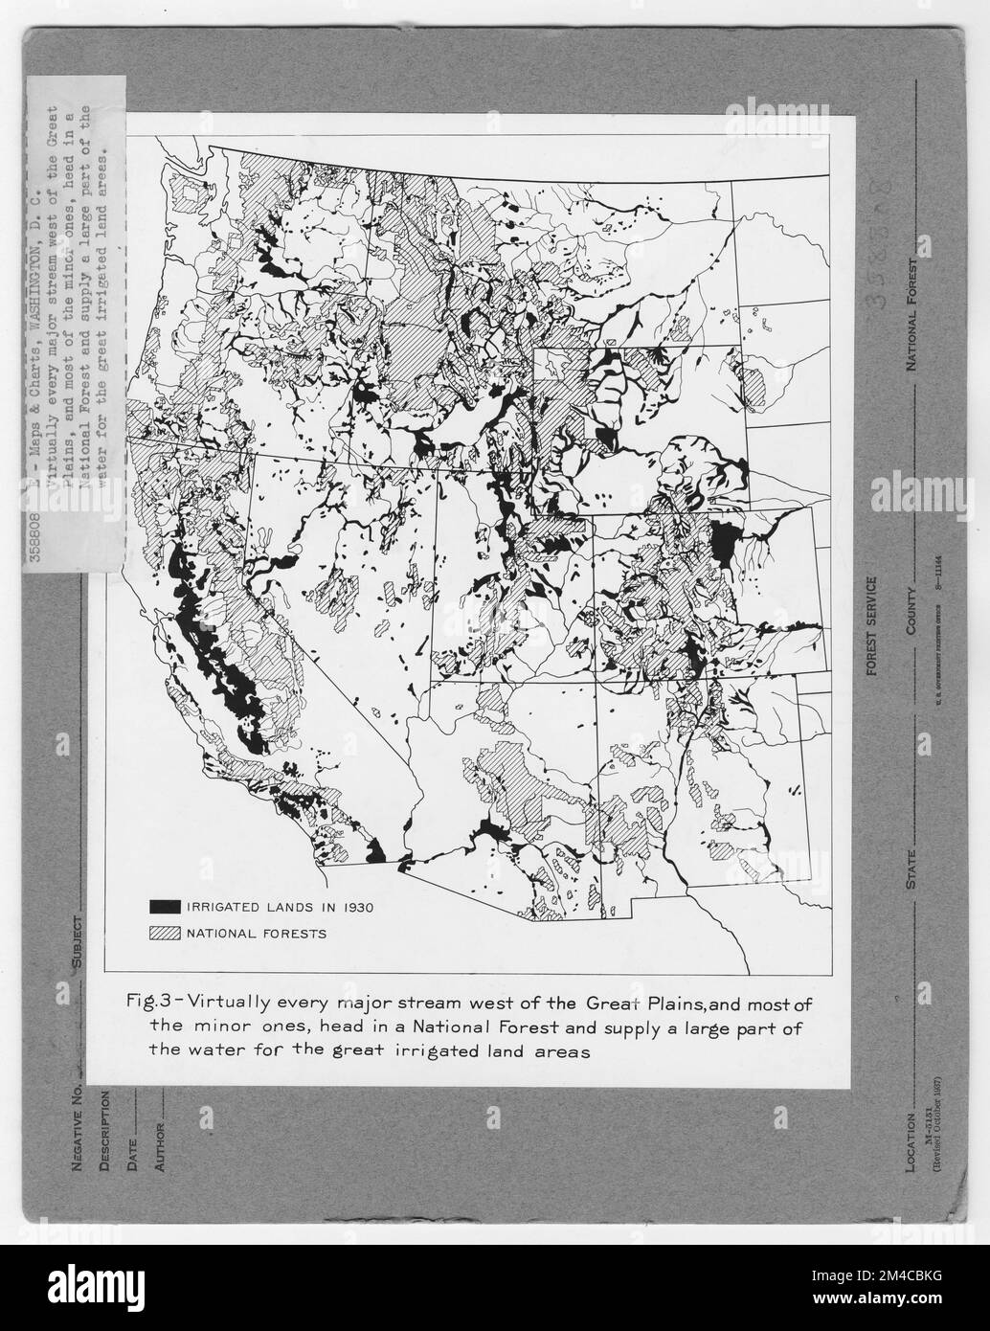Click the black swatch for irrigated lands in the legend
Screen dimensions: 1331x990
[164, 905]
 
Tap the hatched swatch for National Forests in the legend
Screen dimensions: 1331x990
[164, 932]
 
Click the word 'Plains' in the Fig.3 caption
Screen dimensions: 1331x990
[666, 1004]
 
